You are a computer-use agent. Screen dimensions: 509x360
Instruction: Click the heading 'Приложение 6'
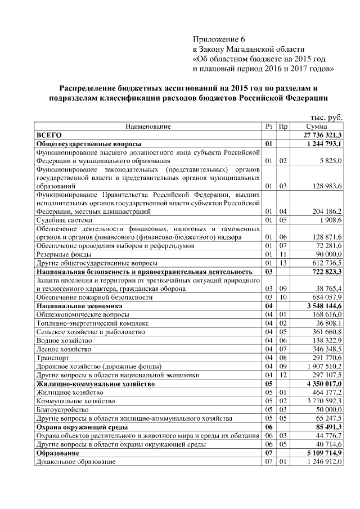219,39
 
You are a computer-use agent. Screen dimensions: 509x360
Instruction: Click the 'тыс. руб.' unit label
326,117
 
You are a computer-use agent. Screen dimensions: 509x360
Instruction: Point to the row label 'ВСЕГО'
48,136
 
